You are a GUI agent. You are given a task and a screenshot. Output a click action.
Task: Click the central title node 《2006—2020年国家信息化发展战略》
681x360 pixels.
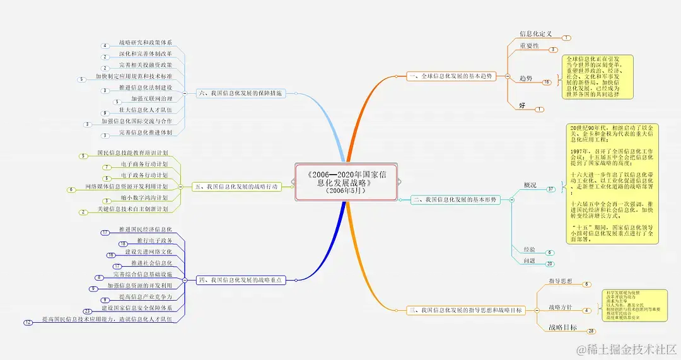click(347, 181)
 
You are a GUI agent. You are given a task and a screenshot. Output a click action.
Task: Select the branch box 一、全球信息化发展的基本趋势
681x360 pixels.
click(450, 76)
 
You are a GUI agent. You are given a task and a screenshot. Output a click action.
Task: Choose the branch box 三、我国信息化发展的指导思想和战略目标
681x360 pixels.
click(467, 310)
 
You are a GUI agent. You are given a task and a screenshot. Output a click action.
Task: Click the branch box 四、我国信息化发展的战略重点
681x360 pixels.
click(240, 279)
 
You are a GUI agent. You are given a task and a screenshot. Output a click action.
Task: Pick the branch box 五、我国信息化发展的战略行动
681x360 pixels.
click(237, 187)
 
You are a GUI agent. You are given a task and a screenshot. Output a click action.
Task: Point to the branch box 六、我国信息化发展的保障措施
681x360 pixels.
click(240, 93)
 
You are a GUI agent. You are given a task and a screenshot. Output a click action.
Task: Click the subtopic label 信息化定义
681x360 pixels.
click(535, 33)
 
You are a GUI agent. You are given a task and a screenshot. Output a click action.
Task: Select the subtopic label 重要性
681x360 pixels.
click(529, 45)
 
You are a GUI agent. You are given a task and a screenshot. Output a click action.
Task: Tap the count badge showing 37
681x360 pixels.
click(550, 189)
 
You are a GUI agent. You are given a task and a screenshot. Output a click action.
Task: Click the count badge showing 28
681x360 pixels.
click(591, 331)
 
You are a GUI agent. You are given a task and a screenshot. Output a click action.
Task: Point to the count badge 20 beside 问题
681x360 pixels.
click(549, 264)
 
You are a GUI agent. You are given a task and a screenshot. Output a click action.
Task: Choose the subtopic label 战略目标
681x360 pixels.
click(562, 327)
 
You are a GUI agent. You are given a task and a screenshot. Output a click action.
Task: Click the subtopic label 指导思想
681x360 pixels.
click(561, 281)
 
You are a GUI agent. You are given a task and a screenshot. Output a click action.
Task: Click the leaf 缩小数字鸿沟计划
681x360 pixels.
click(144, 198)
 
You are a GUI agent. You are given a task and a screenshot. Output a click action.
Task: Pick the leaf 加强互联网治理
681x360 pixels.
click(151, 99)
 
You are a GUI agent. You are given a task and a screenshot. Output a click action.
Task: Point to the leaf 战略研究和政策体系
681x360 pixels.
click(145, 42)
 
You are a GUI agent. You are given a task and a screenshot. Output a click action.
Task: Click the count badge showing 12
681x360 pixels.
click(28, 323)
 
